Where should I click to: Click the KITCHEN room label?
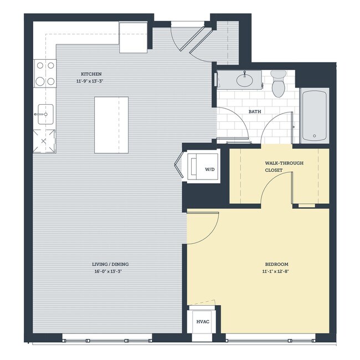91,74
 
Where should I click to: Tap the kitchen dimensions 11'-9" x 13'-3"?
91,81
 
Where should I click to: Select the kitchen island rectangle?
111,125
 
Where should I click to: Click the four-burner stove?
45,73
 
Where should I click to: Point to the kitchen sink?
44,115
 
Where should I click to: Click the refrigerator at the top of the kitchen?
133,37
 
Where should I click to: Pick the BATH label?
255,112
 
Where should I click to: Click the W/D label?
209,170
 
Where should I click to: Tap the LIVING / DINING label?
110,264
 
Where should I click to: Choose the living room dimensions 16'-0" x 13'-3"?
110,271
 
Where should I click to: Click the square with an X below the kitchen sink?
44,141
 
